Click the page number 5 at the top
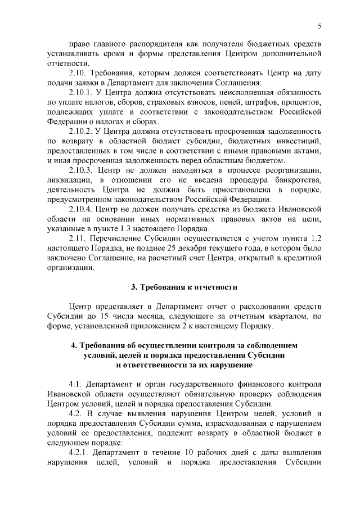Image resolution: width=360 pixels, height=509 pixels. pyautogui.click(x=319, y=26)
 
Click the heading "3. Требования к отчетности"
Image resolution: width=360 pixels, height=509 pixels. pyautogui.click(x=184, y=287)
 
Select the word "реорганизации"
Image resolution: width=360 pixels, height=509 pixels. pyautogui.click(x=293, y=170)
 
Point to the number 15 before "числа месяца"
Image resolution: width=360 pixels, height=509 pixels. pyautogui.click(x=98, y=316)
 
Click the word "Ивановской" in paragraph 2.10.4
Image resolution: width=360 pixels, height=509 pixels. pyautogui.click(x=300, y=209)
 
